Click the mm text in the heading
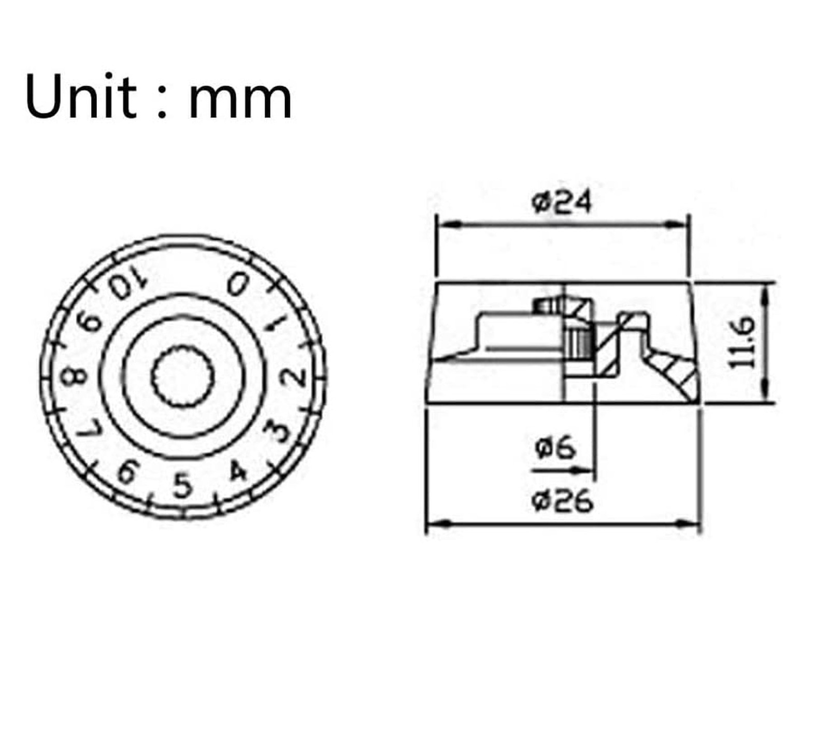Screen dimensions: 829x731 pyautogui.click(x=240, y=101)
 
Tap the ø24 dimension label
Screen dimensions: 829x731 pyautogui.click(x=561, y=202)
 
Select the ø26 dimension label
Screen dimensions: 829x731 pyautogui.click(x=562, y=501)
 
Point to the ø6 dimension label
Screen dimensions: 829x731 pyautogui.click(x=554, y=447)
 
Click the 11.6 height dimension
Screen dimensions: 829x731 pyautogui.click(x=741, y=342)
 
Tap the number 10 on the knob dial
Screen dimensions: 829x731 pyautogui.click(x=127, y=282)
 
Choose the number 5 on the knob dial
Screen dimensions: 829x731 pyautogui.click(x=182, y=485)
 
